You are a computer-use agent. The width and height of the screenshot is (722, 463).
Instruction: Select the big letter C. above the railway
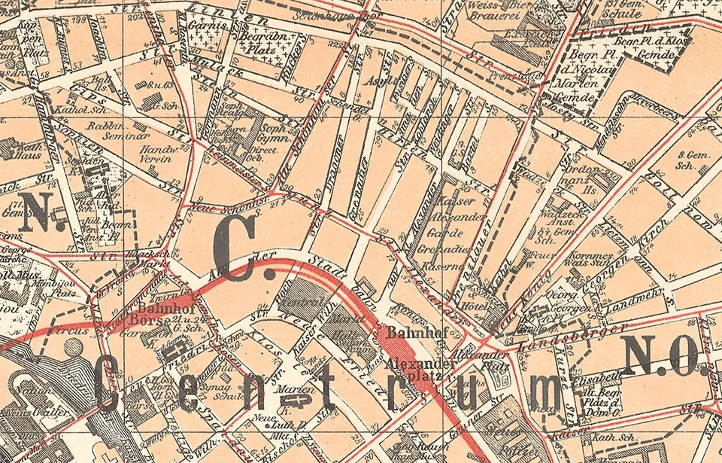click(x=235, y=254)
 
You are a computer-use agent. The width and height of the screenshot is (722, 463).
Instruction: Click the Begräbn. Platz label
click(x=259, y=40)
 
